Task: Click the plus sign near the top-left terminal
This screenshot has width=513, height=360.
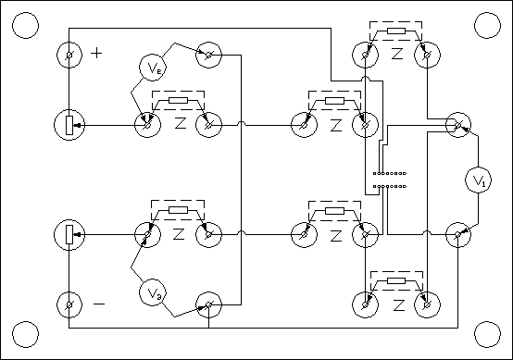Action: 97,53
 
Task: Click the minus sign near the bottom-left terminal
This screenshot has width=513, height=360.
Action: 99,303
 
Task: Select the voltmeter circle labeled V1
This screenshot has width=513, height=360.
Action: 477,180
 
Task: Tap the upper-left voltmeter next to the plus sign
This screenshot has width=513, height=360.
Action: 154,67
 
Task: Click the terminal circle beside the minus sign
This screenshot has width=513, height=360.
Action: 70,303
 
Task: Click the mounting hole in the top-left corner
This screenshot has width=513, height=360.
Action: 26,24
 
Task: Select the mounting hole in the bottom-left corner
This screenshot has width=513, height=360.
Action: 26,334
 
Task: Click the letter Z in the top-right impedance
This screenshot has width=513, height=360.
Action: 397,55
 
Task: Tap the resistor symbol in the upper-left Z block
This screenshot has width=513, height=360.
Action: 179,101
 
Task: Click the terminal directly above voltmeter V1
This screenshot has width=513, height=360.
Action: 457,124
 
